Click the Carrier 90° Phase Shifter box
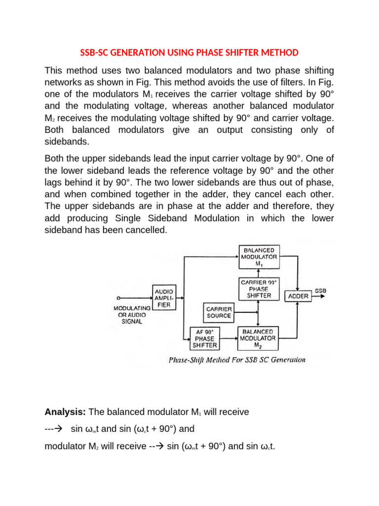[259, 289]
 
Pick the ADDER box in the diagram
[298, 296]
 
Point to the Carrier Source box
[219, 312]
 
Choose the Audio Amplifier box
[163, 296]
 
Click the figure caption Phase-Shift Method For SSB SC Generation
[237, 360]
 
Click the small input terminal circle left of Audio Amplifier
[118, 298]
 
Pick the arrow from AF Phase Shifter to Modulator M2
[229, 339]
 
